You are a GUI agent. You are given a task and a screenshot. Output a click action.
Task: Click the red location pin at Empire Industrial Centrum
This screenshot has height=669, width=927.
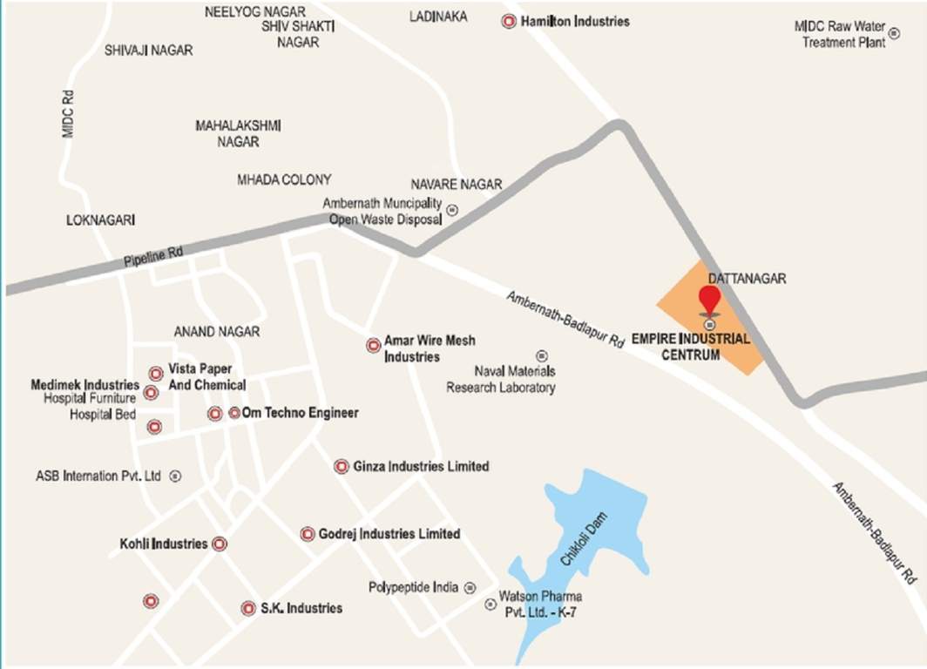tap(710, 300)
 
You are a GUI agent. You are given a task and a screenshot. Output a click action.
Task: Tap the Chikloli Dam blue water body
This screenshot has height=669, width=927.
tap(582, 549)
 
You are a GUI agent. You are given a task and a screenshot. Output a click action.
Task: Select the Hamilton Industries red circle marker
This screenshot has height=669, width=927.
tap(509, 21)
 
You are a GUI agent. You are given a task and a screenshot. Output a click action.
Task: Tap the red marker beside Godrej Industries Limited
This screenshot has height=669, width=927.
tap(308, 533)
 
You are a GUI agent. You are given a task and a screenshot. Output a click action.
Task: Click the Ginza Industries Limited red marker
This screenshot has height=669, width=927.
tap(342, 466)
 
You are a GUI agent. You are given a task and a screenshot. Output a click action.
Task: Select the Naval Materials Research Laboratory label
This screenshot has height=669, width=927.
tap(501, 379)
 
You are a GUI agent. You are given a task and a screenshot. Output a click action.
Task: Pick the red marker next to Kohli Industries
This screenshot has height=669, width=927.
tap(220, 544)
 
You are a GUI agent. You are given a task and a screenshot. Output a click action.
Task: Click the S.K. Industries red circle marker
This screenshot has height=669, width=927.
tap(248, 608)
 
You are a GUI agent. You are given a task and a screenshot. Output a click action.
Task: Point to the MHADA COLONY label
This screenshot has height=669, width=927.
tap(284, 179)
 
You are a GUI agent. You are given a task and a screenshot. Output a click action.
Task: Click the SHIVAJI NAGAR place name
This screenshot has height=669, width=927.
tap(148, 51)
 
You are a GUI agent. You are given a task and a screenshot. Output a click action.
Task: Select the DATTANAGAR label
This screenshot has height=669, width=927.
tap(748, 279)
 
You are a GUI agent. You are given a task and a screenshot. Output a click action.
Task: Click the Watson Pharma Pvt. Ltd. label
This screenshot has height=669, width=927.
tap(539, 604)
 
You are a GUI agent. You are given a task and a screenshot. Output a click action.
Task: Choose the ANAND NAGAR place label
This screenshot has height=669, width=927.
tap(217, 332)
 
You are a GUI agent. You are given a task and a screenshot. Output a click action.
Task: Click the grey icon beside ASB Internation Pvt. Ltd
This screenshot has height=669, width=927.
tap(175, 476)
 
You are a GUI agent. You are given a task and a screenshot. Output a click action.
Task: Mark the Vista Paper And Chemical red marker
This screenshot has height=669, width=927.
tap(156, 373)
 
